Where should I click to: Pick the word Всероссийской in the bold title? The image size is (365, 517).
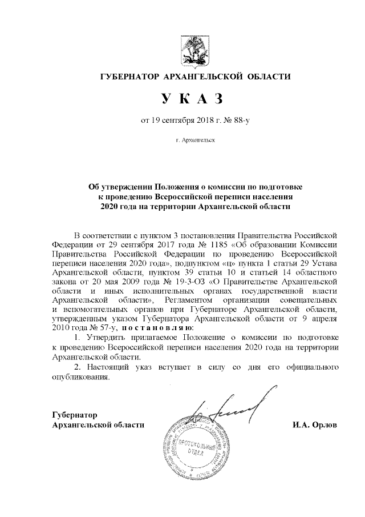point(192,197)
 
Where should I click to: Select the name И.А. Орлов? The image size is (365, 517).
point(314,425)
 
